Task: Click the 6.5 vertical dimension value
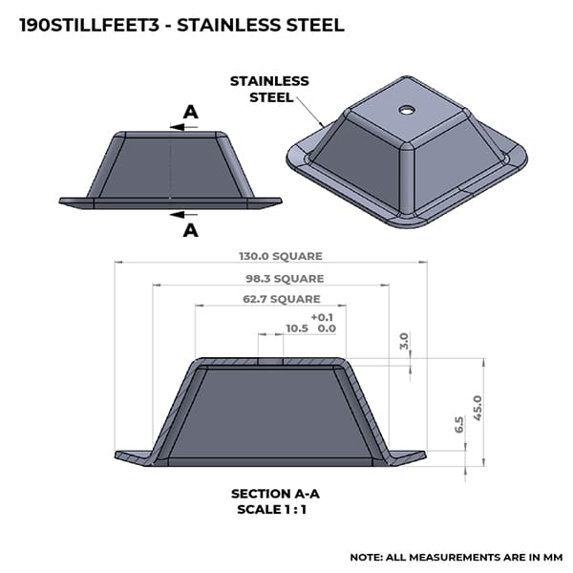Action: point(459,425)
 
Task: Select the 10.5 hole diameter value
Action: point(297,328)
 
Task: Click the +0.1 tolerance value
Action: point(323,317)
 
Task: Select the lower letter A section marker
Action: point(190,230)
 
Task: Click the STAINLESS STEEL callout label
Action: point(269,89)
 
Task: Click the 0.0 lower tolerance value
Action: point(326,328)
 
